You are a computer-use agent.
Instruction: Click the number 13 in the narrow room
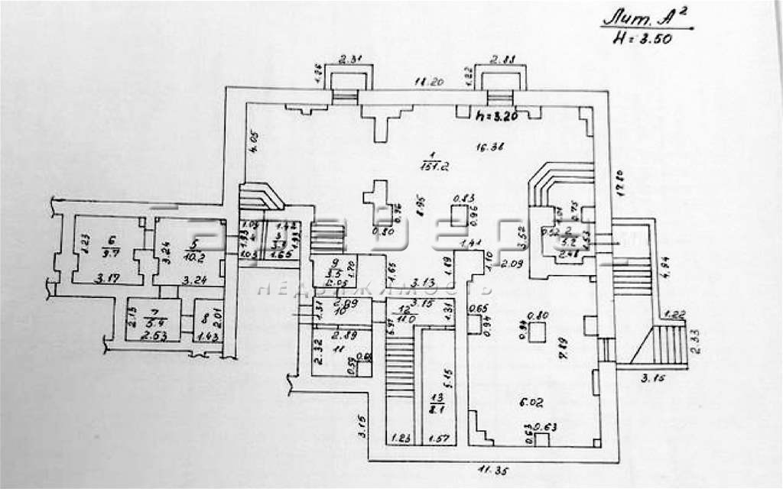pyautogui.click(x=437, y=398)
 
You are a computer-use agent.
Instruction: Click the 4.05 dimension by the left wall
pyautogui.click(x=246, y=144)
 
